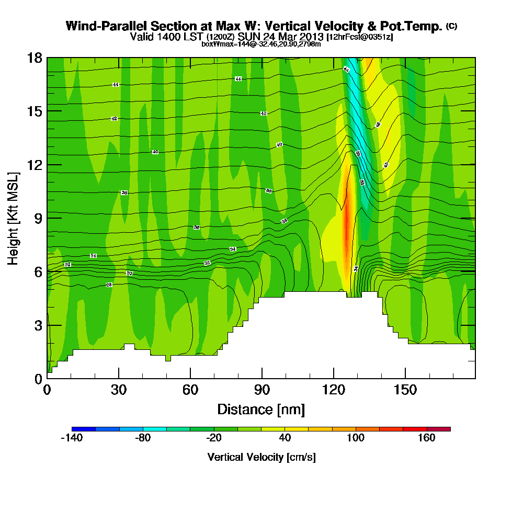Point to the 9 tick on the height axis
(38, 218)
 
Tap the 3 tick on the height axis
(38, 325)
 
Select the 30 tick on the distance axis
(119, 390)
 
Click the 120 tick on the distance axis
(333, 390)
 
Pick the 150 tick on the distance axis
(405, 390)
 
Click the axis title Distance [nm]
(261, 409)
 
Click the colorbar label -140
(72, 438)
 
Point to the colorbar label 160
(427, 438)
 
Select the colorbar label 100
(356, 438)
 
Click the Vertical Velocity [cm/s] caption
(261, 457)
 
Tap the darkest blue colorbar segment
(84, 429)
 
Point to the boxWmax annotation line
(261, 44)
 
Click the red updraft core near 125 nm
(345, 230)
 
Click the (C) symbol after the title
(451, 26)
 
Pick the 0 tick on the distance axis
(47, 390)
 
